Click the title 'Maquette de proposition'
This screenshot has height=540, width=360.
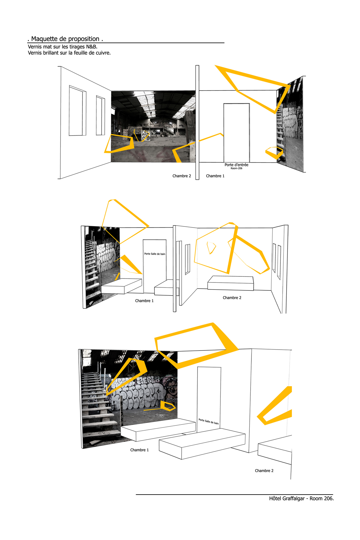pyautogui.click(x=65, y=39)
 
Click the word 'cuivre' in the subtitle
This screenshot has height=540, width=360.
pyautogui.click(x=102, y=53)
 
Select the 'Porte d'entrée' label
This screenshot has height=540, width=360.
pyautogui.click(x=237, y=165)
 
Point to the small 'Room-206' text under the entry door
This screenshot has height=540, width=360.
pyautogui.click(x=237, y=169)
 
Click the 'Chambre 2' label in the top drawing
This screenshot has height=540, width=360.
pyautogui.click(x=182, y=176)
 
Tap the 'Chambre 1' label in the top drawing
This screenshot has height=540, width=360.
pyautogui.click(x=215, y=176)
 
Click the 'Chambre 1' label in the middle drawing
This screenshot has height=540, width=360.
pyautogui.click(x=144, y=301)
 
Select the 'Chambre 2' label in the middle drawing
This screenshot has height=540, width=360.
pyautogui.click(x=232, y=298)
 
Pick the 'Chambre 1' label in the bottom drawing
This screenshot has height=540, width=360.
pyautogui.click(x=140, y=450)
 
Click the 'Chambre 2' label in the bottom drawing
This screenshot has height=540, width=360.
pyautogui.click(x=264, y=471)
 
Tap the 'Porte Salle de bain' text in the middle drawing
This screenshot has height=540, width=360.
pyautogui.click(x=155, y=254)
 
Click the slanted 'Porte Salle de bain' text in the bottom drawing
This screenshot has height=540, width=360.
pyautogui.click(x=209, y=421)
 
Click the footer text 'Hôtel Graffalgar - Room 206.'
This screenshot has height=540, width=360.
pyautogui.click(x=301, y=499)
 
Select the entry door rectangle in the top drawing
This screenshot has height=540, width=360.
pyautogui.click(x=237, y=133)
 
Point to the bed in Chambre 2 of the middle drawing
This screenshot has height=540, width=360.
pyautogui.click(x=230, y=283)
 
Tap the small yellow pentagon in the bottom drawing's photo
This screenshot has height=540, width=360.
pyautogui.click(x=168, y=406)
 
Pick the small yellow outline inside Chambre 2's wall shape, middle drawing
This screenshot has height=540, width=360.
pyautogui.click(x=211, y=248)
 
